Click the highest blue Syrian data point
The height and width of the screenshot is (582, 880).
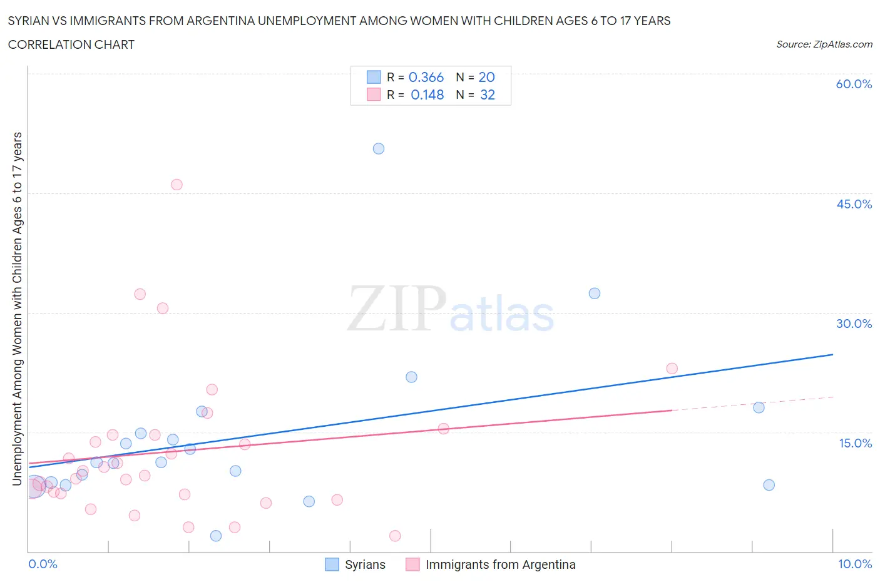click(x=379, y=149)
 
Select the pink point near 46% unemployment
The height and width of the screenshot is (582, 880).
click(x=177, y=185)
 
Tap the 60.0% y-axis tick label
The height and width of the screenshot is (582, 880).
click(x=854, y=84)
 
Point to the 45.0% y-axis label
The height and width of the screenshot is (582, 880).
click(x=854, y=204)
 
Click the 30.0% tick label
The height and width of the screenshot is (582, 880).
click(x=854, y=324)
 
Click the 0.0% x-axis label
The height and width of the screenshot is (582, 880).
click(x=43, y=564)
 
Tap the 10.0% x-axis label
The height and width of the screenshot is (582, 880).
click(x=855, y=564)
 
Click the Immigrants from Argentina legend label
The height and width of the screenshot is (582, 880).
click(x=500, y=564)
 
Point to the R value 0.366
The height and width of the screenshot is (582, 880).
click(x=426, y=77)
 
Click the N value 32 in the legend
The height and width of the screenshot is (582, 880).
click(x=487, y=95)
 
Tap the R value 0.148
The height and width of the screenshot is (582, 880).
click(x=427, y=95)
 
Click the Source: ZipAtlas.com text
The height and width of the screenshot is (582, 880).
click(x=824, y=44)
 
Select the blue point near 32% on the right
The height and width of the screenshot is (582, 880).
click(x=595, y=294)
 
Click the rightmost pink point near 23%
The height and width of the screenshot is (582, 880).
click(x=672, y=369)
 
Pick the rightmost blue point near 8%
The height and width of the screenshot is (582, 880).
click(x=769, y=485)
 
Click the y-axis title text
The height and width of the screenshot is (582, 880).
click(x=18, y=309)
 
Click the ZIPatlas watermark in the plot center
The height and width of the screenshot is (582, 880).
click(x=451, y=309)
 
